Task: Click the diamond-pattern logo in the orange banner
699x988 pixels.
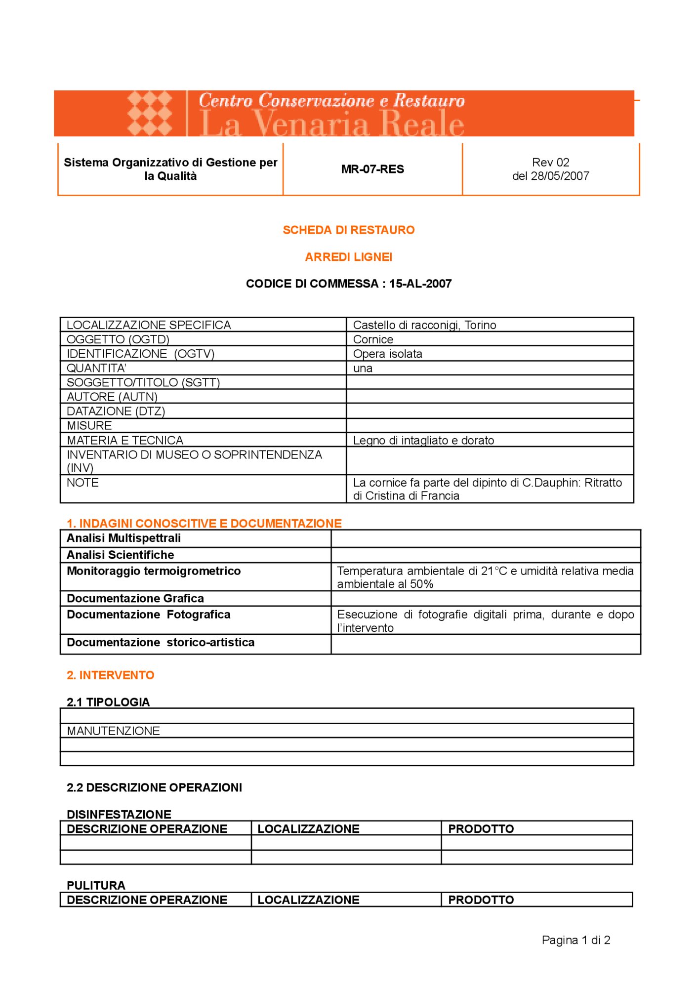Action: pyautogui.click(x=149, y=113)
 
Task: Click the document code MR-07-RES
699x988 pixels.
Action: pyautogui.click(x=372, y=169)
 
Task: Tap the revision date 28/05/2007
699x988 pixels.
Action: pyautogui.click(x=560, y=176)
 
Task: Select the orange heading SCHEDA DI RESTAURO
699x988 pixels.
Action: pyautogui.click(x=348, y=230)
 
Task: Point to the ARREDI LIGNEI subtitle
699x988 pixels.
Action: pyautogui.click(x=348, y=257)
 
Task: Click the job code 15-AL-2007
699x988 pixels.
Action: pyautogui.click(x=420, y=284)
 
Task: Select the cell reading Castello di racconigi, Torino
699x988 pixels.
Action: pyautogui.click(x=424, y=325)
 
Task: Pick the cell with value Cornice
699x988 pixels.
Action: pyautogui.click(x=373, y=340)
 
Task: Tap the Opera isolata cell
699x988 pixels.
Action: pyautogui.click(x=387, y=354)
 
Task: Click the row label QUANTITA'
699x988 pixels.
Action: pyautogui.click(x=96, y=369)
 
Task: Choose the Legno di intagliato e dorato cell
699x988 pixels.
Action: pyautogui.click(x=423, y=441)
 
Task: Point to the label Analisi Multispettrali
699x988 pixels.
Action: pyautogui.click(x=123, y=538)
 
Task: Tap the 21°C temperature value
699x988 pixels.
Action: pyautogui.click(x=494, y=571)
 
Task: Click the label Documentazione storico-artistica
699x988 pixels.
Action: pyautogui.click(x=161, y=643)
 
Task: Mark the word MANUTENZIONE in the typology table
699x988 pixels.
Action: pyautogui.click(x=113, y=731)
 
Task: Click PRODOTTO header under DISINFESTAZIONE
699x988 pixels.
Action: pyautogui.click(x=481, y=829)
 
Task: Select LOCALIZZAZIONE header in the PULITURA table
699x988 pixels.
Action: pyautogui.click(x=308, y=900)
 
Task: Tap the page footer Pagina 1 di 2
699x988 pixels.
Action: pyautogui.click(x=576, y=940)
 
